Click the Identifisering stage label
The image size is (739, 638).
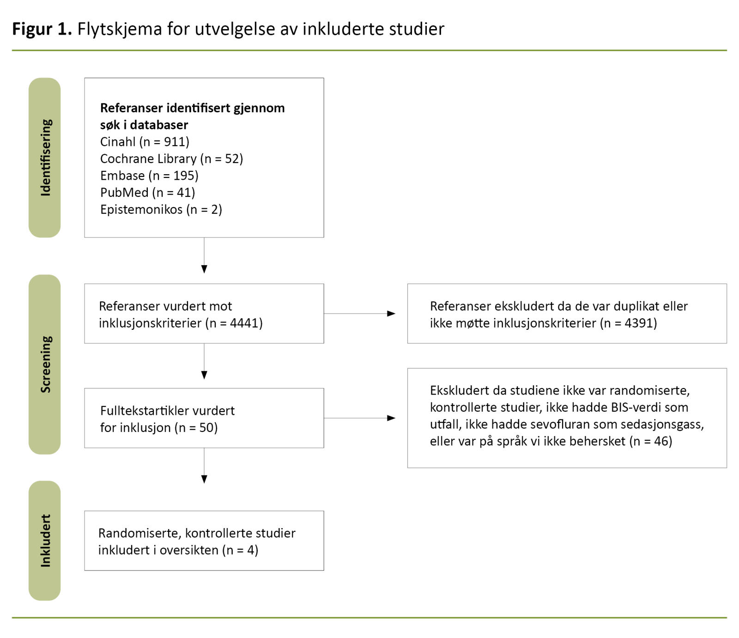click(45, 158)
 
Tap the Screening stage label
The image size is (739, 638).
click(45, 364)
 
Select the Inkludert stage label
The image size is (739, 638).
click(45, 541)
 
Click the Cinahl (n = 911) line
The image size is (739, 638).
click(145, 142)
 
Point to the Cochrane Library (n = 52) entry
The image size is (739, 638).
click(171, 159)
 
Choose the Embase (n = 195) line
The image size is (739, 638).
click(149, 176)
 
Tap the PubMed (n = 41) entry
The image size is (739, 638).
click(147, 193)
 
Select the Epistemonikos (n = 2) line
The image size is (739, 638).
click(161, 210)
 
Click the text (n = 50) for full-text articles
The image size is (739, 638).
click(196, 428)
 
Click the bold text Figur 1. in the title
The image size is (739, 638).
click(42, 29)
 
